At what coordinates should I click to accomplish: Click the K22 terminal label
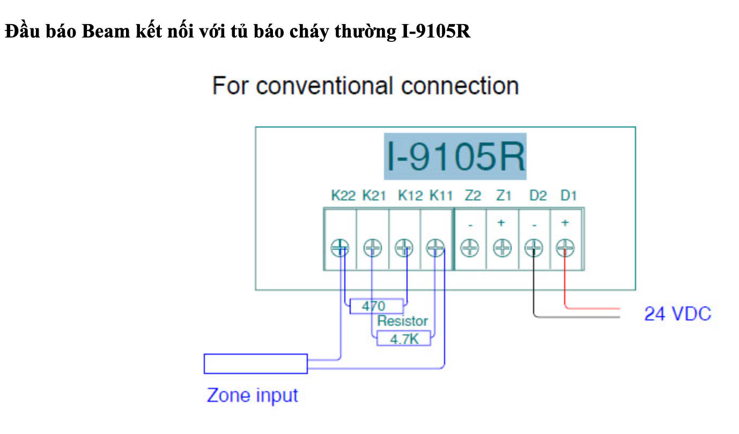point(343,196)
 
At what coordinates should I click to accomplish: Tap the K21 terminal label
point(374,196)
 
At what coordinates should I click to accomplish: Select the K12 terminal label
point(410,196)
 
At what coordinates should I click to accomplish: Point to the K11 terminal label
point(441,196)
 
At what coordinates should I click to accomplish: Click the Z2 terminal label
point(472,196)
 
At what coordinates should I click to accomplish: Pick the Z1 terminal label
point(504,196)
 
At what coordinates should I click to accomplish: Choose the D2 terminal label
point(537,196)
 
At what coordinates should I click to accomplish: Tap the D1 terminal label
point(568,196)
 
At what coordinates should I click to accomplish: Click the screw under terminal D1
point(565,248)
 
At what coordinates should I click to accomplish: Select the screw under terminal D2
point(534,248)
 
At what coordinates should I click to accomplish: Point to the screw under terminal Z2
point(470,248)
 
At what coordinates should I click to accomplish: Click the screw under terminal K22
point(339,248)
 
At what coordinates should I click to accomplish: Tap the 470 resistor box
point(376,306)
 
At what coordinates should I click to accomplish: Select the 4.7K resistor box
point(403,339)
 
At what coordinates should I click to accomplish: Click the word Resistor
point(402,321)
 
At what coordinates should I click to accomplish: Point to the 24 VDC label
point(677,314)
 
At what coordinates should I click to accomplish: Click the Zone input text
point(252,396)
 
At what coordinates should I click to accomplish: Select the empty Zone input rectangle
point(255,364)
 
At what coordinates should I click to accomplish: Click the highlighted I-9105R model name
point(455,156)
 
